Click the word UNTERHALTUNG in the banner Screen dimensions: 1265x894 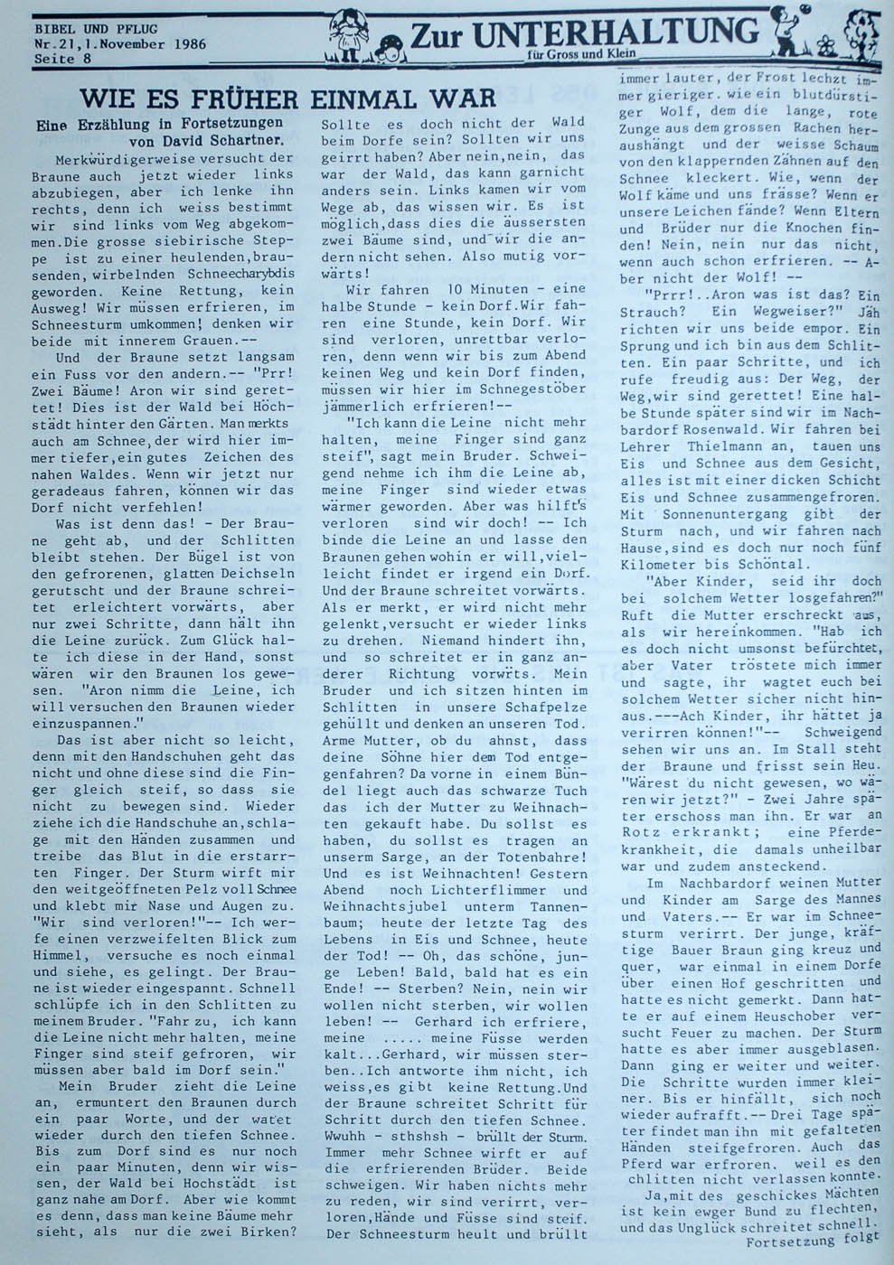pyautogui.click(x=615, y=32)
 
